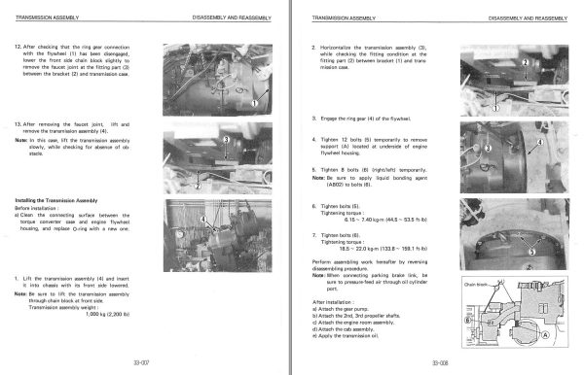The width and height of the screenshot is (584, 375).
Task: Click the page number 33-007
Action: [x=146, y=362]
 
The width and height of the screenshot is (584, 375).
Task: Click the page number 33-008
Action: [x=438, y=362]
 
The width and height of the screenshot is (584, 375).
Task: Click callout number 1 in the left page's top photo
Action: [x=255, y=101]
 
